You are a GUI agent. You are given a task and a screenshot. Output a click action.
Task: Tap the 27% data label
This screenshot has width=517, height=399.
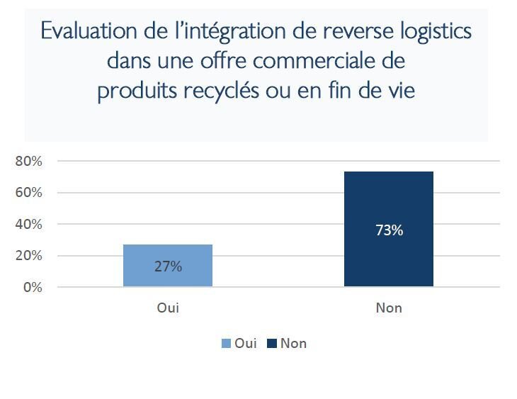168,266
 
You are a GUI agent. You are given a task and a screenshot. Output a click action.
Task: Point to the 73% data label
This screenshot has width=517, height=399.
390,230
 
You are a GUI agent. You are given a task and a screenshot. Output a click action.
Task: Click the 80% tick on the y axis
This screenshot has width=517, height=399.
29,161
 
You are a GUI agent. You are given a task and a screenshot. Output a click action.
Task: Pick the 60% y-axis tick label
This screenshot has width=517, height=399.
29,193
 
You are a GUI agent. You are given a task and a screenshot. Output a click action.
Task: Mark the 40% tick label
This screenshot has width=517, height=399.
29,224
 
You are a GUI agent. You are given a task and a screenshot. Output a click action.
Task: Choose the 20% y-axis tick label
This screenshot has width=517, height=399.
29,256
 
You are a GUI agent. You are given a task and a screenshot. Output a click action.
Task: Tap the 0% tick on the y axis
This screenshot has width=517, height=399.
32,287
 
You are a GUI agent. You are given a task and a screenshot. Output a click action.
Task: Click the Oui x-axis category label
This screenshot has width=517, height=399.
168,308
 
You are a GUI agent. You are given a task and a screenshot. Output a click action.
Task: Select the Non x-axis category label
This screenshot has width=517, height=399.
389,308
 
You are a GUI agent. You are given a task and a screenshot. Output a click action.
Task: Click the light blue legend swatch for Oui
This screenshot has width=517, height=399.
227,344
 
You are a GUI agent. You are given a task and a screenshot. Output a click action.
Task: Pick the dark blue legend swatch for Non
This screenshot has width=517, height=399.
272,344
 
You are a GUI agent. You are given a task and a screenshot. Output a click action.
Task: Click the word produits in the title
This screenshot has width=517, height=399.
135,91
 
